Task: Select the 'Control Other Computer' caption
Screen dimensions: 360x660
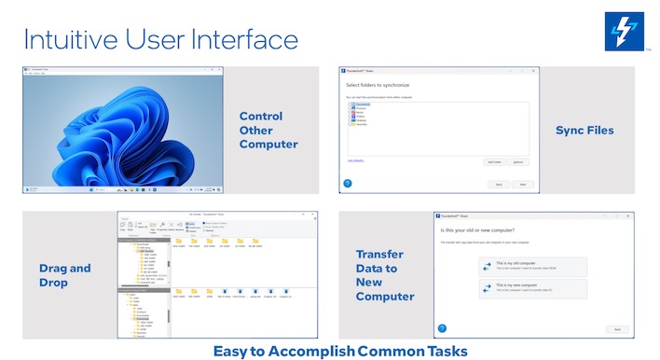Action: pyautogui.click(x=268, y=131)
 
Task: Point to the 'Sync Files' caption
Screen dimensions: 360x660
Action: pyautogui.click(x=584, y=131)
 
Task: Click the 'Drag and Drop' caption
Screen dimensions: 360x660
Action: pyautogui.click(x=65, y=275)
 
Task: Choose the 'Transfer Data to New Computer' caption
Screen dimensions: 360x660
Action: pyautogui.click(x=385, y=275)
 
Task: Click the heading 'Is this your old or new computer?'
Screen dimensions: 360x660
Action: pyautogui.click(x=484, y=229)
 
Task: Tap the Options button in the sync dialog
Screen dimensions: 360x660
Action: pyautogui.click(x=519, y=161)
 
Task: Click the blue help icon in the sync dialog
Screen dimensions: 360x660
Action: pyautogui.click(x=348, y=184)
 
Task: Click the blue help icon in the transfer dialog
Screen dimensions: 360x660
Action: pyautogui.click(x=443, y=328)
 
